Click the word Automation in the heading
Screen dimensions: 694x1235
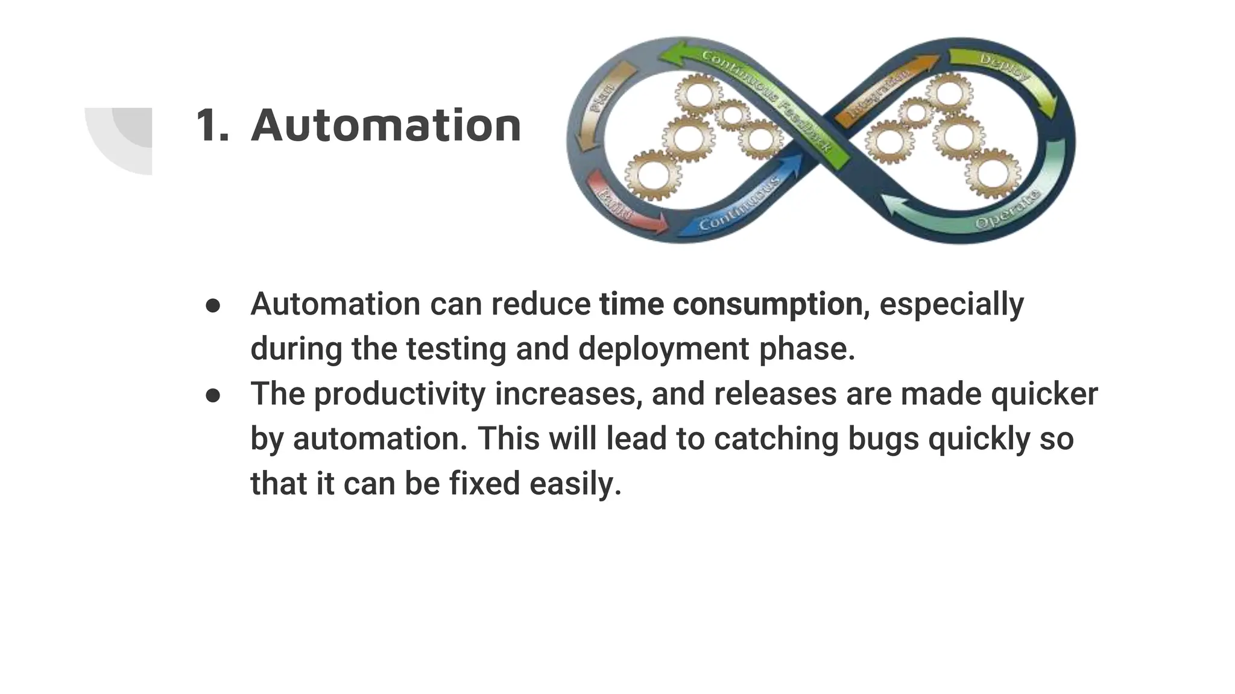386,126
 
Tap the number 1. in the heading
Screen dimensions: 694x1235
212,126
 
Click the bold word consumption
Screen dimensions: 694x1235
767,304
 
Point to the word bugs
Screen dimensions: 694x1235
883,439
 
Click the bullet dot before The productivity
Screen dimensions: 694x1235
213,395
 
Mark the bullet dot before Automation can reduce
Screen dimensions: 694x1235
213,305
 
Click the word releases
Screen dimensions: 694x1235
774,394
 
